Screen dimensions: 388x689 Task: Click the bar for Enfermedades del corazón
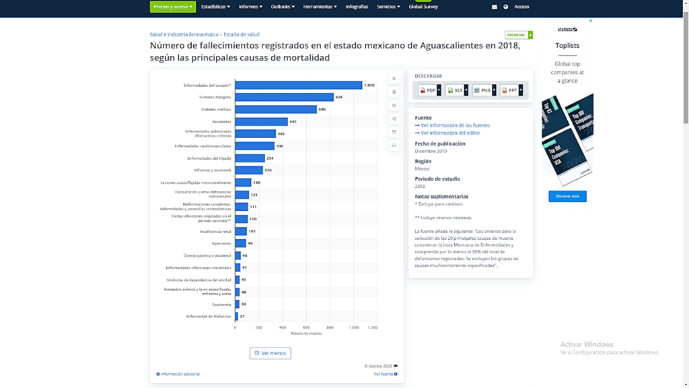[298, 86]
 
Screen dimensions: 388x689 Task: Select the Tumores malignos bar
[284, 97]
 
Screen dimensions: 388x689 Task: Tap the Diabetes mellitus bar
[276, 109]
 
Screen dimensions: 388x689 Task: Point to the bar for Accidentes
[261, 121]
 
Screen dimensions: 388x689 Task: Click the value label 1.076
[369, 86]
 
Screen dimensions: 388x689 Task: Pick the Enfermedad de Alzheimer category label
[209, 316]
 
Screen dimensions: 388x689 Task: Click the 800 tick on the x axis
[330, 327]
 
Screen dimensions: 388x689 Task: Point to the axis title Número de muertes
[306, 333]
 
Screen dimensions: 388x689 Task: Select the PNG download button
[484, 90]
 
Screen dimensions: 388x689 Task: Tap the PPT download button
[511, 90]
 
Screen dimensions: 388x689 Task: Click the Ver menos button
[270, 353]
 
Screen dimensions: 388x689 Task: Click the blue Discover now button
[567, 197]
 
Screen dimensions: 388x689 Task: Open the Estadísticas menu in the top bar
[215, 7]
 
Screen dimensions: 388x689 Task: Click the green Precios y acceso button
[173, 7]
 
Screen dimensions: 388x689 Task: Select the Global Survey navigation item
[423, 7]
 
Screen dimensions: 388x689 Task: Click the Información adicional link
[179, 374]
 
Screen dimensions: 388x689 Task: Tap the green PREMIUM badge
[518, 35]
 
